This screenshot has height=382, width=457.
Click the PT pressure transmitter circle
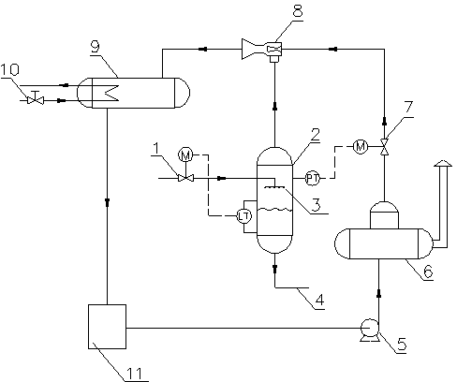(312, 178)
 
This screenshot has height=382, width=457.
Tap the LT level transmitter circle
(244, 216)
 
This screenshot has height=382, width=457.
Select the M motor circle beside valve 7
(361, 146)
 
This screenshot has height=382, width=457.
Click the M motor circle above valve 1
(185, 154)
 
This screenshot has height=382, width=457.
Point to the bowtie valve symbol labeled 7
(384, 146)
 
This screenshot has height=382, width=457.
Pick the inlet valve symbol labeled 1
(185, 178)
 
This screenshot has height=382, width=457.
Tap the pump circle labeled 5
(370, 328)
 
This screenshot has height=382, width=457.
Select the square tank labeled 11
(107, 327)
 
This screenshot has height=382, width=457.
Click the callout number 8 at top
(298, 10)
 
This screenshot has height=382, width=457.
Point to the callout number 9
(96, 47)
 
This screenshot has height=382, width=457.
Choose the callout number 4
(319, 300)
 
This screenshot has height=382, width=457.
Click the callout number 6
(428, 271)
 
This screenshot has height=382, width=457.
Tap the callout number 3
(316, 205)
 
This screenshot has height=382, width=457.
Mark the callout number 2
(316, 134)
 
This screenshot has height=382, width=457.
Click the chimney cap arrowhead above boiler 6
(443, 163)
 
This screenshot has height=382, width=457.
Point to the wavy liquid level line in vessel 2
(274, 210)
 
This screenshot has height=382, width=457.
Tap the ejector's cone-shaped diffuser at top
(253, 49)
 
